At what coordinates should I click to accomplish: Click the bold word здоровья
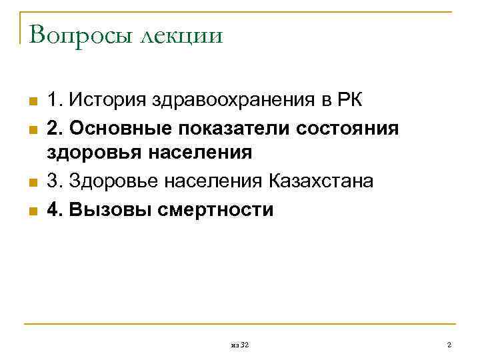tap(90, 153)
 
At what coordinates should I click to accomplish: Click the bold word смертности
tap(216, 209)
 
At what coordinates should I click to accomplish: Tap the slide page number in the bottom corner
tap(449, 345)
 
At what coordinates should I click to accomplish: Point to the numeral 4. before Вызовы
tap(54, 209)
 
